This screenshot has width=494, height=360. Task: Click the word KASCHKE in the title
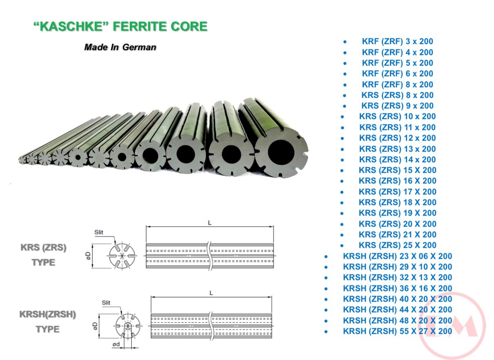pyautogui.click(x=71, y=27)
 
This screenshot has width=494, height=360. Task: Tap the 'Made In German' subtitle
pyautogui.click(x=120, y=47)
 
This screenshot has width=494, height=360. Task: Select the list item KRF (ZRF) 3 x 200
pyautogui.click(x=397, y=41)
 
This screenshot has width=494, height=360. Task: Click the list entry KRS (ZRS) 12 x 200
pyautogui.click(x=397, y=138)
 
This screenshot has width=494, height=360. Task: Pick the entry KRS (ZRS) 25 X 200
pyautogui.click(x=397, y=245)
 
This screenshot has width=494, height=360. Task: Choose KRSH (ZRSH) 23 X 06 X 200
pyautogui.click(x=397, y=256)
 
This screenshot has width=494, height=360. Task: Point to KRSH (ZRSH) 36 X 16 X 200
pyautogui.click(x=397, y=288)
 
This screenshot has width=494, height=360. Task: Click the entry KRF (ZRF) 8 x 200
pyautogui.click(x=397, y=84)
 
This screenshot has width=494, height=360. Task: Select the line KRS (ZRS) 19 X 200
pyautogui.click(x=397, y=213)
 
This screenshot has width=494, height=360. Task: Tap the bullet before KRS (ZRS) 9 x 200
pyautogui.click(x=345, y=106)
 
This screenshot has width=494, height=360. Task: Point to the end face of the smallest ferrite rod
pyautogui.click(x=22, y=160)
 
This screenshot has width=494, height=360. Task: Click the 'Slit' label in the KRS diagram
pyautogui.click(x=99, y=232)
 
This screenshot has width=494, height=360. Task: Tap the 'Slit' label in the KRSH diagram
pyautogui.click(x=106, y=303)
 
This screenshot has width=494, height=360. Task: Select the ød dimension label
pyautogui.click(x=116, y=344)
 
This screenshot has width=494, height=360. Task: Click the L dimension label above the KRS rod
pyautogui.click(x=210, y=223)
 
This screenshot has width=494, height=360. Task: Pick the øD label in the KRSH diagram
pyautogui.click(x=95, y=326)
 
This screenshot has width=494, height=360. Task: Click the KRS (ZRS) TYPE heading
pyautogui.click(x=44, y=255)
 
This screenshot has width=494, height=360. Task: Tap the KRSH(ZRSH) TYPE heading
pyautogui.click(x=48, y=322)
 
